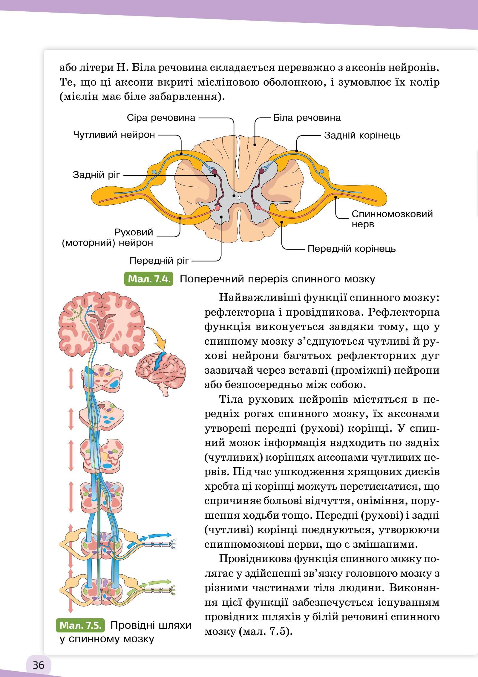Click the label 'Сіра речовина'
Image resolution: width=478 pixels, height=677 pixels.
pos(161,118)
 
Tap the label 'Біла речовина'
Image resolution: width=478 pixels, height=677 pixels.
pos(307,118)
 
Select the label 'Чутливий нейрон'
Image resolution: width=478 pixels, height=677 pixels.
pos(114,135)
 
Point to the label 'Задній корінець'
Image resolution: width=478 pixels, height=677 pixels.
pos(362,136)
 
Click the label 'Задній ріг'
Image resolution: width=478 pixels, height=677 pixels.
pos(96,175)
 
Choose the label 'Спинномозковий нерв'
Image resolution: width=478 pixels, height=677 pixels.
pos(392,219)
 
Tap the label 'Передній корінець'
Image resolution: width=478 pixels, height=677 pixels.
pos(351,249)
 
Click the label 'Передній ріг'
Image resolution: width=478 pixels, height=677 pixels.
pos(159,261)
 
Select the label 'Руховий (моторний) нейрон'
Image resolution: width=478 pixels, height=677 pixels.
pos(108,237)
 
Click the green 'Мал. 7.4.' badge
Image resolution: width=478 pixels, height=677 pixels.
pos(149,279)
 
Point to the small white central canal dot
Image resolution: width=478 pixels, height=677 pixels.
pos(239,197)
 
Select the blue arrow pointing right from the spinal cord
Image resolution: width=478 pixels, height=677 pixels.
pos(160,535)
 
